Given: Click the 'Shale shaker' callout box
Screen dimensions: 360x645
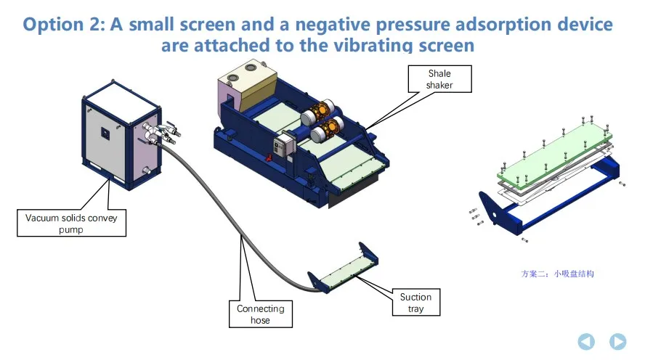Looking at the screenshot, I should [439, 79].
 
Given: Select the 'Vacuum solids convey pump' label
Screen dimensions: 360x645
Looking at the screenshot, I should [71, 223].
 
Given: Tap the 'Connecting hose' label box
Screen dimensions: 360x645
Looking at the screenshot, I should [260, 314].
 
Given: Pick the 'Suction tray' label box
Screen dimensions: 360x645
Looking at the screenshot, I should [415, 303].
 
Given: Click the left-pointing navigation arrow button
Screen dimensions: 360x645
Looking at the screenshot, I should [586, 340].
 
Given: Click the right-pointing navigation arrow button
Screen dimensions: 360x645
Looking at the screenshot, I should [617, 340].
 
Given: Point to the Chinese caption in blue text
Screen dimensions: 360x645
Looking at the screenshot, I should [557, 274].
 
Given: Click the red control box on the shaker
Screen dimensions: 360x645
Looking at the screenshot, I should [277, 148].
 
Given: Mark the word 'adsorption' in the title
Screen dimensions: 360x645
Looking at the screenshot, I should [474, 25].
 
